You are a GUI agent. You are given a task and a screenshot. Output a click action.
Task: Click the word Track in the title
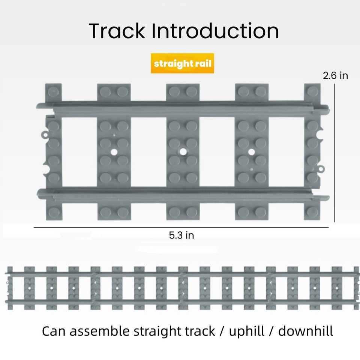point(117,31)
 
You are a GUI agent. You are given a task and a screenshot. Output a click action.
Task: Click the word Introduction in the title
point(215,31)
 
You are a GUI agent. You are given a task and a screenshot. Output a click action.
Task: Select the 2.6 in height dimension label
point(335,76)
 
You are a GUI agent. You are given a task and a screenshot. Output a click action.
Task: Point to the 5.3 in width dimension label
point(181,235)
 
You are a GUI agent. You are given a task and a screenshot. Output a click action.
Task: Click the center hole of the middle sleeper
point(183,151)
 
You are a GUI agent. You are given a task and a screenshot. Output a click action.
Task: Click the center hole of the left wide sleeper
point(114,151)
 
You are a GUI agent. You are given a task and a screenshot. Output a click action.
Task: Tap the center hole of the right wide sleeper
point(252,151)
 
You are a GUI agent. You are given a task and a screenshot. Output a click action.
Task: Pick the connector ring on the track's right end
point(321,169)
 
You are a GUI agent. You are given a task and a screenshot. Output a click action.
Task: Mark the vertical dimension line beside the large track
point(334,150)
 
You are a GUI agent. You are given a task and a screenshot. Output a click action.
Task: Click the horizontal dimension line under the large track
point(181,227)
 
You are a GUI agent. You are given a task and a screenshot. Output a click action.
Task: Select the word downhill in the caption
point(306,331)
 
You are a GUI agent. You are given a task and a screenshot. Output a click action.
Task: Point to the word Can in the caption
point(53,331)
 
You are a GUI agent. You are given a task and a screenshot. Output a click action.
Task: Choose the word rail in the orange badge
point(204,64)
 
